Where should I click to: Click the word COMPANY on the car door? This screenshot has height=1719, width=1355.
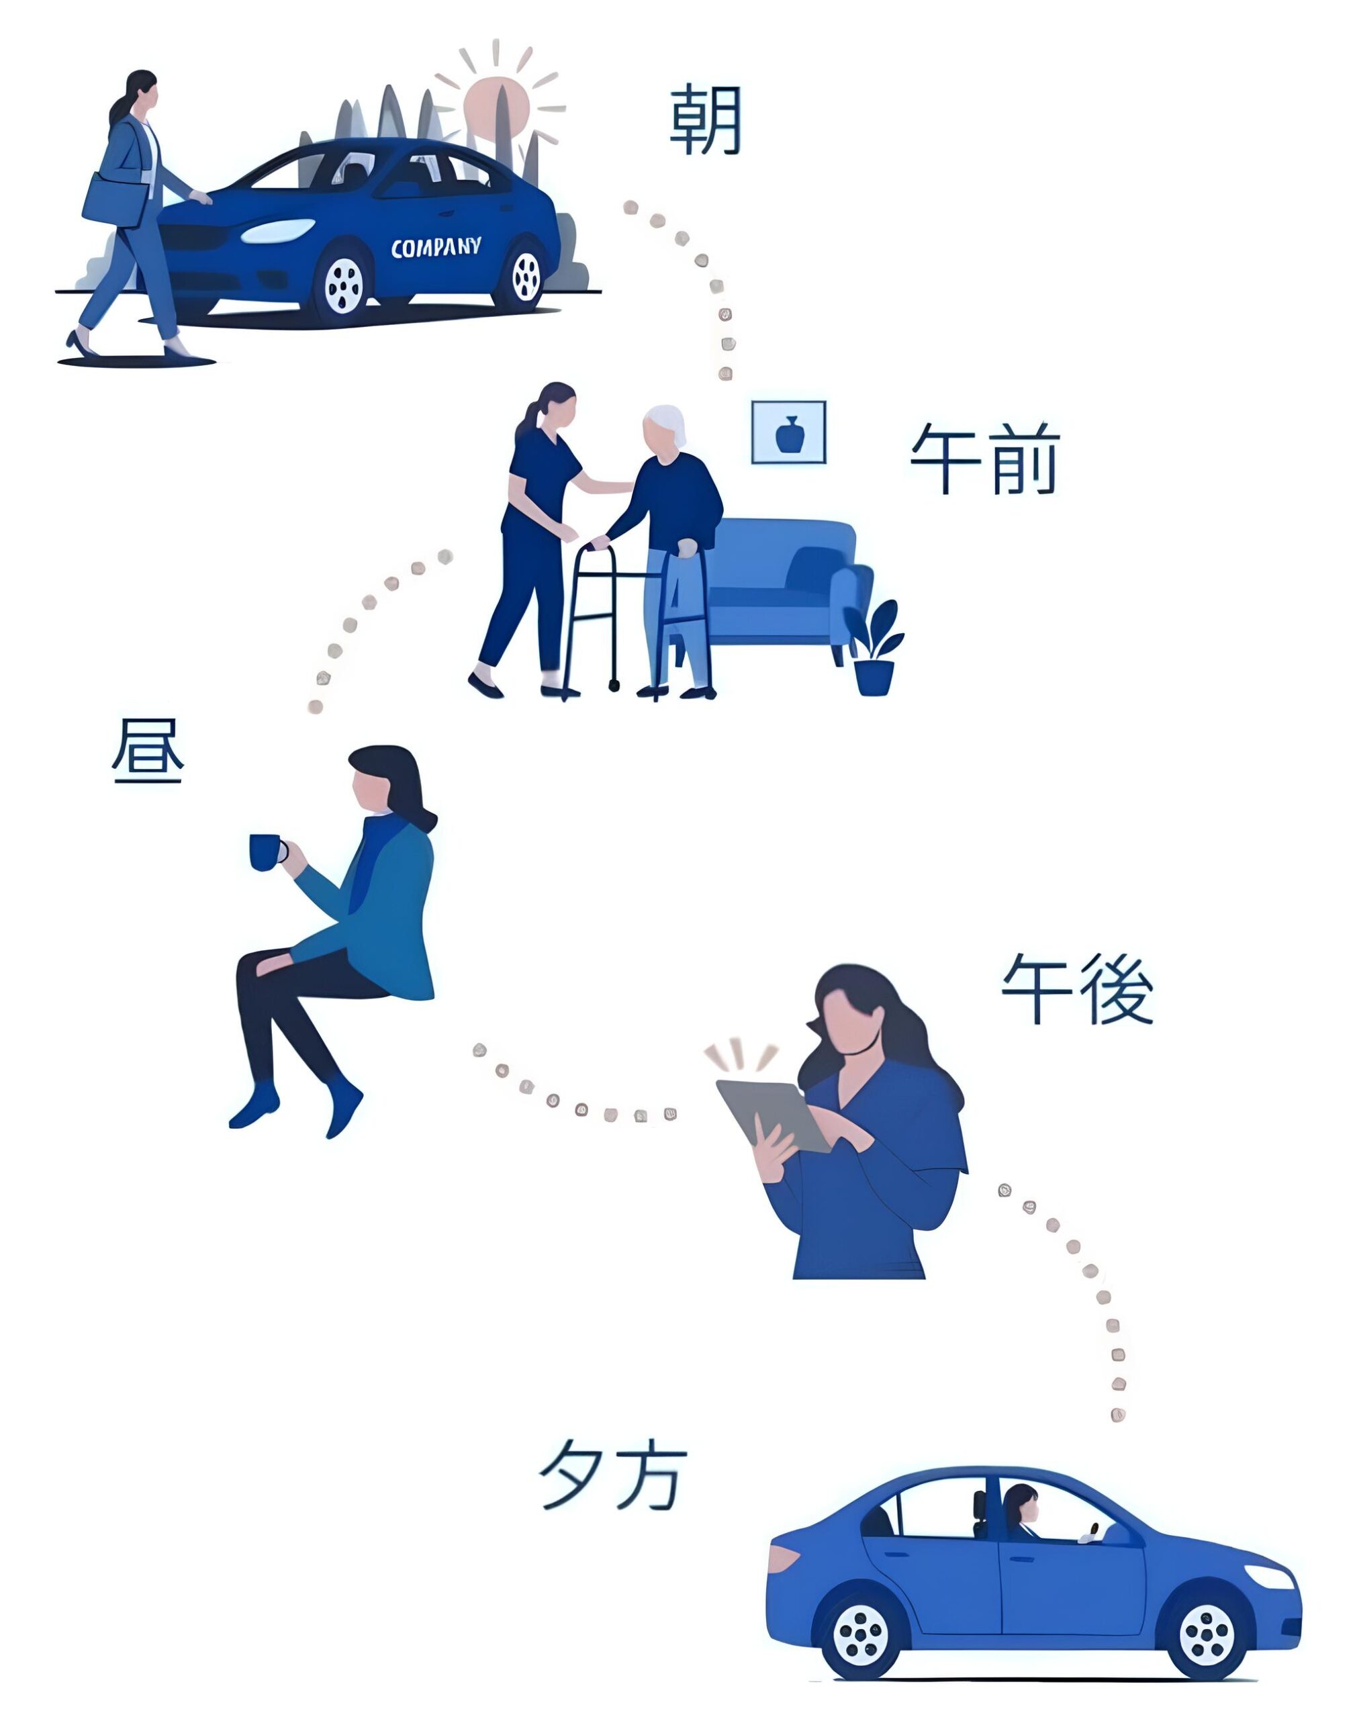click(436, 248)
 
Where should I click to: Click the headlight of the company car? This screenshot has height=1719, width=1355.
click(278, 231)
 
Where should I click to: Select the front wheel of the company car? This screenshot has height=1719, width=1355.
click(344, 285)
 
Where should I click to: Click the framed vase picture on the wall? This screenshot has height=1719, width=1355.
click(788, 432)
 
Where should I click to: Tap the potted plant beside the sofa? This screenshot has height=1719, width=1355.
click(875, 651)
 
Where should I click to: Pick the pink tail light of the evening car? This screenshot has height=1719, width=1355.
click(783, 1558)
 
